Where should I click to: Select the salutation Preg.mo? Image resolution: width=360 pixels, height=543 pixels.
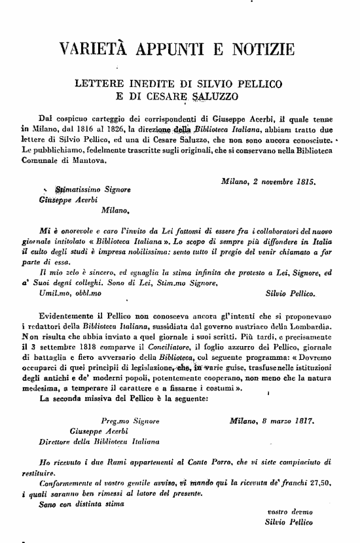(x=114, y=422)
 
